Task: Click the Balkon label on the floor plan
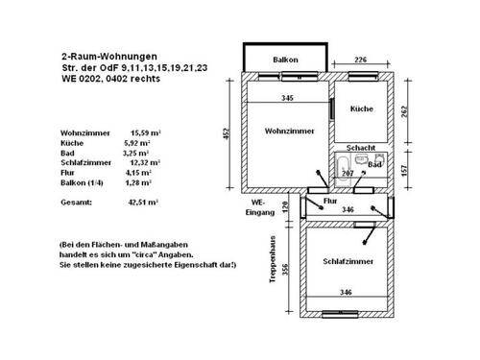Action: pos(285,60)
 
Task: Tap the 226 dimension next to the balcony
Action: pos(361,60)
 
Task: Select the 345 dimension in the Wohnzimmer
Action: pos(287,99)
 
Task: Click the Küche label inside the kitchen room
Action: pos(361,108)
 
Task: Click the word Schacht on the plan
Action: pos(361,148)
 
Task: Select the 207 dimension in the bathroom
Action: pos(348,174)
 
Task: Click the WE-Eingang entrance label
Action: pos(256,207)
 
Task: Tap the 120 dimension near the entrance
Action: pos(285,205)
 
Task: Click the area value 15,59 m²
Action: pos(145,132)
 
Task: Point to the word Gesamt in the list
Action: pos(75,204)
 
